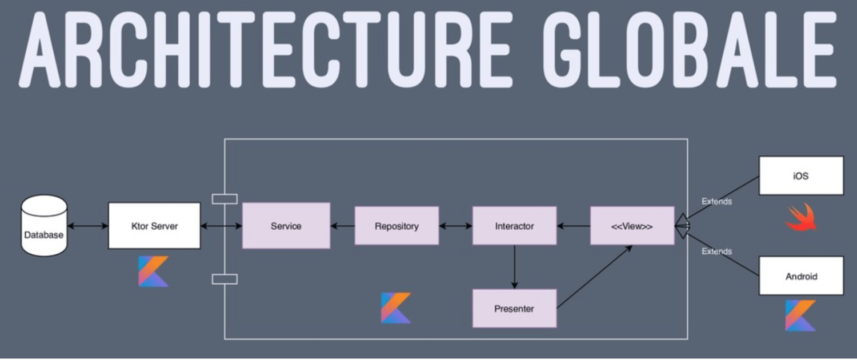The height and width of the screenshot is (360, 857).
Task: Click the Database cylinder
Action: pos(44,226)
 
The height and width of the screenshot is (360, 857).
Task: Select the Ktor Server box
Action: pos(154,226)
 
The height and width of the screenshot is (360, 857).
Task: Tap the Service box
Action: pos(286,226)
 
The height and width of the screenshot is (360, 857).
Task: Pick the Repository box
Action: pos(397,226)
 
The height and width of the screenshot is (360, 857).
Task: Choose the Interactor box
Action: pos(514,226)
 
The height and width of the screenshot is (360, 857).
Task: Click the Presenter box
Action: pos(514,309)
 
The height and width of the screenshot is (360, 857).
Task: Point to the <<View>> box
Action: pos(632,226)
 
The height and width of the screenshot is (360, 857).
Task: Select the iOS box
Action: pos(801,176)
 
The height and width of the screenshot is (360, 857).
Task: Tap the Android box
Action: pos(801,276)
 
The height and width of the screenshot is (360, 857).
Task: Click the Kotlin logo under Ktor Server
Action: pos(154,271)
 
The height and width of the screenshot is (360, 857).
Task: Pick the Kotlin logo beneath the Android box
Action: pos(801,315)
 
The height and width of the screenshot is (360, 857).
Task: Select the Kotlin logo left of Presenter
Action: pos(396,308)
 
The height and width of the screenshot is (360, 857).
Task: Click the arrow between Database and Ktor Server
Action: pos(87,226)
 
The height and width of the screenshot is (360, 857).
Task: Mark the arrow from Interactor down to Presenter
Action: pos(514,266)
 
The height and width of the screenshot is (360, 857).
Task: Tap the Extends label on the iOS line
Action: pos(716,201)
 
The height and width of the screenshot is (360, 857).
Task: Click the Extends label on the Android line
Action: pos(716,251)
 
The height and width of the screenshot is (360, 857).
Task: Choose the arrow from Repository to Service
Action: pos(342,226)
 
